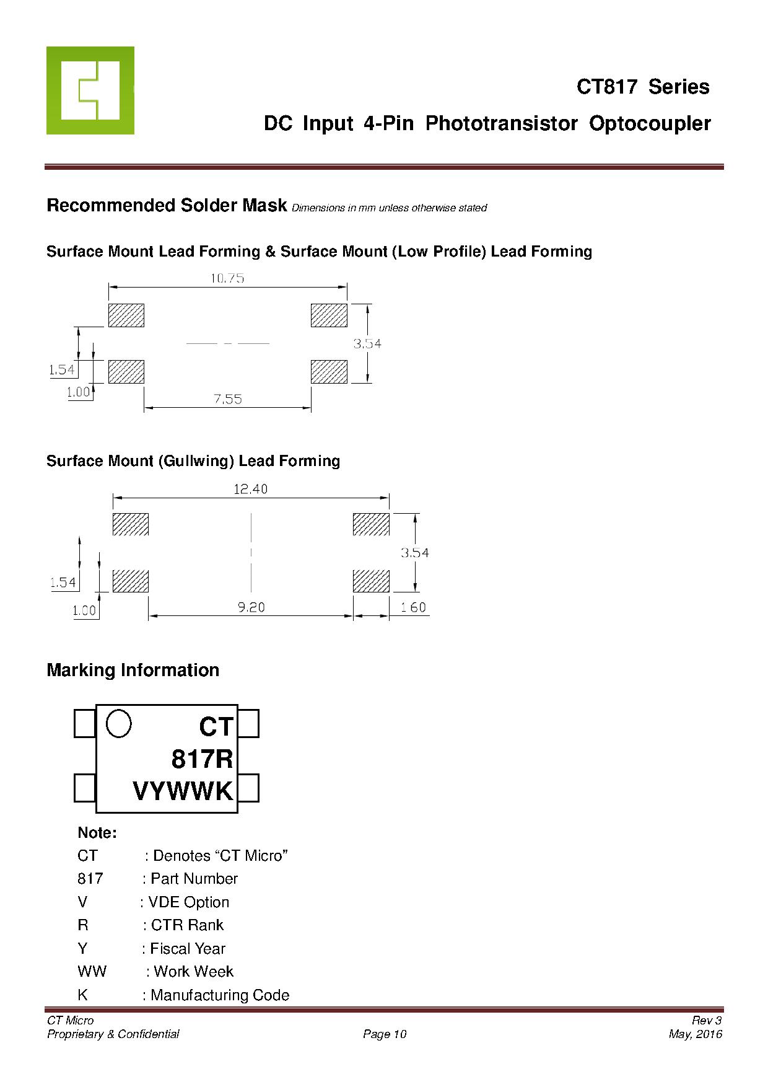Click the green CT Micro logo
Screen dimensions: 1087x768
pyautogui.click(x=90, y=90)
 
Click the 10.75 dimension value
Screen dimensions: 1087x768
pyautogui.click(x=227, y=278)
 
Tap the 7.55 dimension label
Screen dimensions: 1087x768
pyautogui.click(x=228, y=399)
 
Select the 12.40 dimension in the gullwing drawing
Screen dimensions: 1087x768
pyautogui.click(x=250, y=489)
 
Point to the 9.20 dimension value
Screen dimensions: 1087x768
pyautogui.click(x=251, y=607)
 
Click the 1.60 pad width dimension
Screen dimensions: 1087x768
pyautogui.click(x=413, y=607)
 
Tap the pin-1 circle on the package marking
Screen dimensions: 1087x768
pyautogui.click(x=119, y=723)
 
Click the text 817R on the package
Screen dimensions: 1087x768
pyautogui.click(x=202, y=759)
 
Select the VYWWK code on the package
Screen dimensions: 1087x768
pyautogui.click(x=183, y=791)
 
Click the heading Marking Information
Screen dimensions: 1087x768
pyautogui.click(x=133, y=670)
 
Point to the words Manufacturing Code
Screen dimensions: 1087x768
pyautogui.click(x=220, y=995)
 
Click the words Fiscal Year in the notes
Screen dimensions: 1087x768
pyautogui.click(x=188, y=948)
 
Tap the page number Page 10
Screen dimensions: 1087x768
pyautogui.click(x=385, y=1034)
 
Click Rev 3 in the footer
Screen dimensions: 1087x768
pyautogui.click(x=707, y=1020)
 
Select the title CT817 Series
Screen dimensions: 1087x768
pyautogui.click(x=643, y=87)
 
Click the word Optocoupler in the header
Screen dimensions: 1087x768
pyautogui.click(x=650, y=123)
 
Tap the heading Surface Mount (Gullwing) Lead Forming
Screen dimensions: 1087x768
pyautogui.click(x=193, y=461)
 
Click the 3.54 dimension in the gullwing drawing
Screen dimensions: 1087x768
pyautogui.click(x=414, y=553)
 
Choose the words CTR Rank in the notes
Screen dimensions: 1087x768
pyautogui.click(x=187, y=925)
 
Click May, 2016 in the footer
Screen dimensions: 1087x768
pyautogui.click(x=696, y=1034)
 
